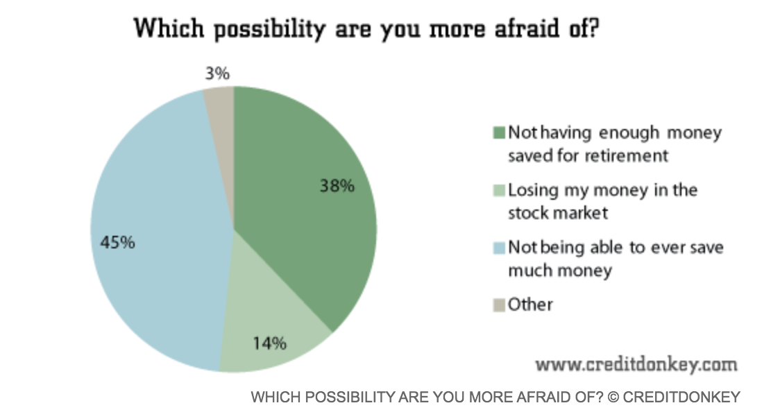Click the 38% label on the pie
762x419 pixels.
click(x=337, y=186)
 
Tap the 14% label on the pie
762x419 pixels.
click(x=269, y=343)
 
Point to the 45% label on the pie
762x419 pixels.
click(x=117, y=243)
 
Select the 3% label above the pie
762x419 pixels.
click(x=217, y=74)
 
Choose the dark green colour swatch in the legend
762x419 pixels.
click(x=499, y=132)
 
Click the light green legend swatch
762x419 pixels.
click(x=499, y=190)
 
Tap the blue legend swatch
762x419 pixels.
click(x=499, y=248)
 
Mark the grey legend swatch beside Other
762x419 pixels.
click(x=499, y=305)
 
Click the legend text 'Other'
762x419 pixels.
click(x=530, y=304)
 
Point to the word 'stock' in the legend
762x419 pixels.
click(x=528, y=212)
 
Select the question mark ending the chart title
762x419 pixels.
click(x=591, y=29)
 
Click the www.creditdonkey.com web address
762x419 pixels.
click(x=636, y=364)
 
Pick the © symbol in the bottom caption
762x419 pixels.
click(x=613, y=397)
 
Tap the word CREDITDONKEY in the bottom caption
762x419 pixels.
click(x=681, y=397)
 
